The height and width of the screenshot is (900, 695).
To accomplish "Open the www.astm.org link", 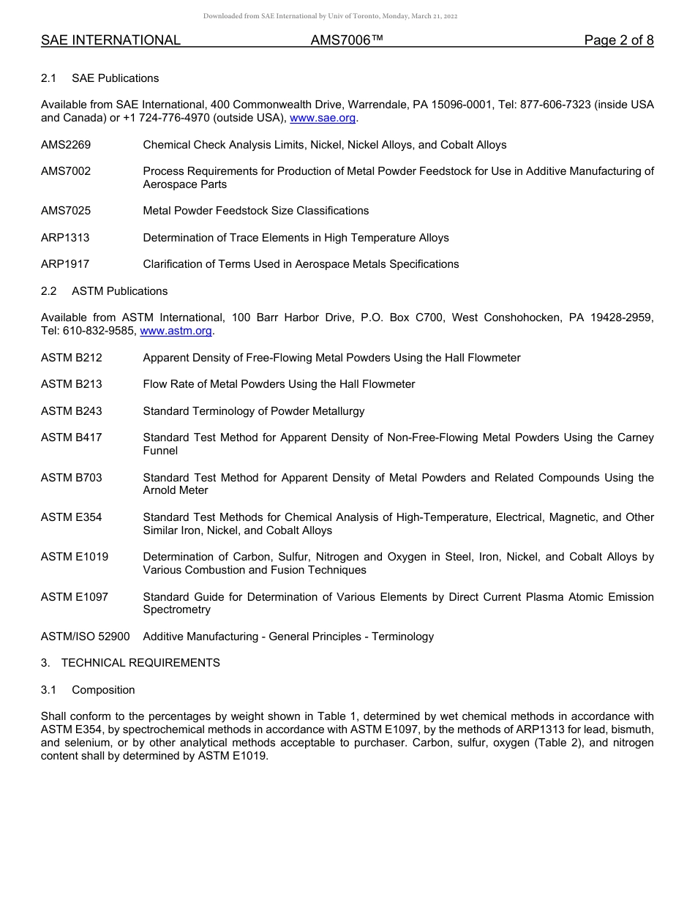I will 176,331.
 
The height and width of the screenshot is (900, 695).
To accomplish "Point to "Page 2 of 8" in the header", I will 618,40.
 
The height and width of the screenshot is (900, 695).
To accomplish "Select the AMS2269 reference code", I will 66,145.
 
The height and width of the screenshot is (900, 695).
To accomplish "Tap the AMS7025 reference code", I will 66,211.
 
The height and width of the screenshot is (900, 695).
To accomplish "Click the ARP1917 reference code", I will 65,264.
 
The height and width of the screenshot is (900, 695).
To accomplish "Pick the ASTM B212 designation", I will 72,358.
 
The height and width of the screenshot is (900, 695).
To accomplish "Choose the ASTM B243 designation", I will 72,411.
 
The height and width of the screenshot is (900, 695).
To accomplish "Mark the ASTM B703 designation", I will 72,478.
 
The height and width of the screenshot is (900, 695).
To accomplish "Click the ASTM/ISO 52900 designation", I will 86,637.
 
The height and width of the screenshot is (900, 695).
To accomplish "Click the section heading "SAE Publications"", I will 115,78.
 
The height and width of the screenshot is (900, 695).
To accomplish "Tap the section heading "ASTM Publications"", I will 119,291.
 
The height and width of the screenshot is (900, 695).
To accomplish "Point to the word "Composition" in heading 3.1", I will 103,690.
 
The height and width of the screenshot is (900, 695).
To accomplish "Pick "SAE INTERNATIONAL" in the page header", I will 110,40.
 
